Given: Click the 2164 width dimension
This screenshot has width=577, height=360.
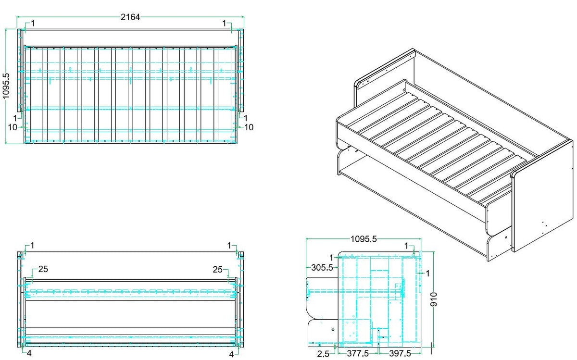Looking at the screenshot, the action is [130, 17].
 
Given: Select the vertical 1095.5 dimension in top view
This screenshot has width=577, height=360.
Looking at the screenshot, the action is [6, 86].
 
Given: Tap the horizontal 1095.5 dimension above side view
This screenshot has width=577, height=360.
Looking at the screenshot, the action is [364, 239].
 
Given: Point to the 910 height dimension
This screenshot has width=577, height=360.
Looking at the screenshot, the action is [434, 299].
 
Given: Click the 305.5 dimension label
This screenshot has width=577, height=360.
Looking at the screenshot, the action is [322, 268].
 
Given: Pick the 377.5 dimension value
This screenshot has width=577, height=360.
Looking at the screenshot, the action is [358, 353].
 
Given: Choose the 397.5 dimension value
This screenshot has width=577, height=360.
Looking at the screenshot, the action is [400, 353].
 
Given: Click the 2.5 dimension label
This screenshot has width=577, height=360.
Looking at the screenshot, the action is [323, 354].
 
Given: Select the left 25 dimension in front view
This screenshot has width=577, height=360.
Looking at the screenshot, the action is [43, 269].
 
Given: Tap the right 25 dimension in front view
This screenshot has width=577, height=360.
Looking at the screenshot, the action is [217, 269].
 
